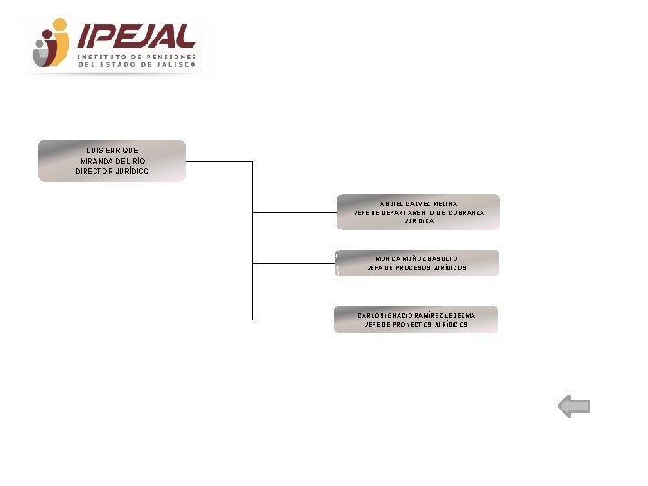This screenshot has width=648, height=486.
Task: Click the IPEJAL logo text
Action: (x=137, y=35)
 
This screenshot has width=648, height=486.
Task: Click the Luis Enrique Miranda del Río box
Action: (x=112, y=160)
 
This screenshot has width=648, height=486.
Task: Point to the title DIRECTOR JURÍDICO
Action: (x=112, y=171)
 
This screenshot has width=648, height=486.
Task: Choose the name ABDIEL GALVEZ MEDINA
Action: (x=418, y=204)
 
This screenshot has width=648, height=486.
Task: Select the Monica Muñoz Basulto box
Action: (x=417, y=263)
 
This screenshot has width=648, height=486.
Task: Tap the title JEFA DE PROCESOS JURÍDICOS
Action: (x=418, y=267)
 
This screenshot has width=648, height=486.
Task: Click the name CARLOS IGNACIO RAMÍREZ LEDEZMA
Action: (x=416, y=315)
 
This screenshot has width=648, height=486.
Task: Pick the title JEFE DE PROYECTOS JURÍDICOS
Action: (x=417, y=324)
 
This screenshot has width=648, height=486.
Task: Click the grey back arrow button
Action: (x=574, y=407)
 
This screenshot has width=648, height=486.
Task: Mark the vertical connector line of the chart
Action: (x=253, y=243)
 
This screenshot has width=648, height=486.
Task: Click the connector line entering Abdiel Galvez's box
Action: (x=294, y=213)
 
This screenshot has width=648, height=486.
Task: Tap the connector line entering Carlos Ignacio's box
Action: (x=292, y=319)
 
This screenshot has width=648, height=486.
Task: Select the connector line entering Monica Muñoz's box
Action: (x=293, y=264)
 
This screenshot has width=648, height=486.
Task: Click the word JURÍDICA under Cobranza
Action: (x=418, y=220)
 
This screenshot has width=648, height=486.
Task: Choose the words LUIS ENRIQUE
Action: (x=112, y=149)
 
